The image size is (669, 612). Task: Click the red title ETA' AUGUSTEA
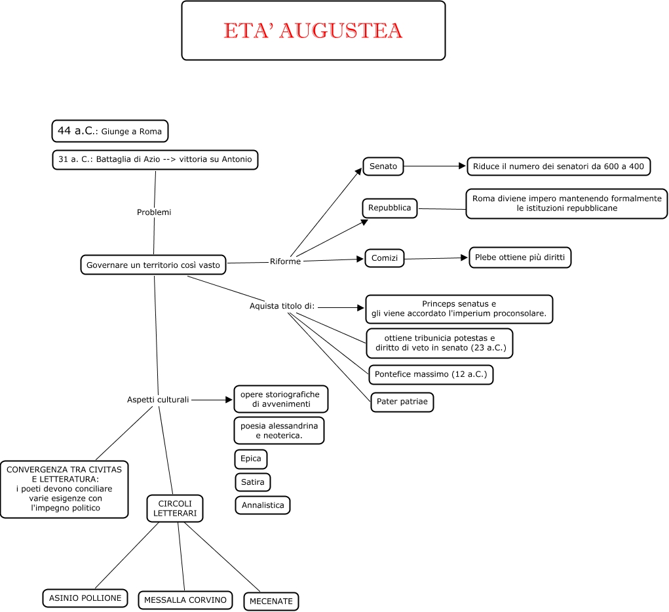click(x=313, y=31)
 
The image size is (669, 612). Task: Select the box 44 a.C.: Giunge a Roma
click(x=109, y=131)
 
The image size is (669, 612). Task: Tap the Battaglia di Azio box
click(x=155, y=160)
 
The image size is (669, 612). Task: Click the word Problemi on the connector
click(x=154, y=212)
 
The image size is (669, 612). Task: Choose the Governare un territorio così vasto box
click(x=153, y=265)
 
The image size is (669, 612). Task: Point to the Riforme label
click(x=285, y=261)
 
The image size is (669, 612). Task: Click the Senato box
click(x=383, y=166)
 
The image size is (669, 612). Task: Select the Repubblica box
click(x=389, y=208)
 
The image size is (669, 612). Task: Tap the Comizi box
click(x=384, y=258)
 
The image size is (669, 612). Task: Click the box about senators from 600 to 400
click(x=558, y=166)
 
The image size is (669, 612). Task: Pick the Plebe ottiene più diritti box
click(x=520, y=258)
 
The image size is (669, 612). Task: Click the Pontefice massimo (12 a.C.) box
click(x=430, y=375)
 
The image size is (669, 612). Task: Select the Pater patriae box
click(x=402, y=402)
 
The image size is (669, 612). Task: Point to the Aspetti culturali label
click(x=158, y=399)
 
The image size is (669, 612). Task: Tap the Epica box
click(x=250, y=459)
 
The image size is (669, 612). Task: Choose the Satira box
click(x=252, y=482)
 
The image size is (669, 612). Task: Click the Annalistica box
click(x=262, y=505)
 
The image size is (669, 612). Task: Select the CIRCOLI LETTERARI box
click(x=174, y=508)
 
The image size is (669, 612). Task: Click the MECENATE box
click(x=271, y=601)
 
